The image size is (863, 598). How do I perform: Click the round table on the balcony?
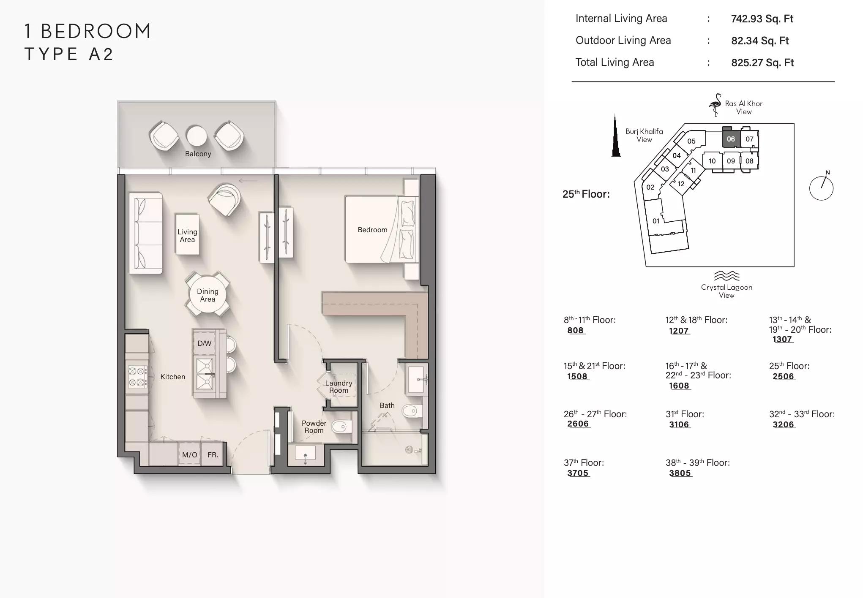point(197,136)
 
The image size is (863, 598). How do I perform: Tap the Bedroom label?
point(372,230)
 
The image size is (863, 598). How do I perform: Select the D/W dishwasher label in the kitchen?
point(205,343)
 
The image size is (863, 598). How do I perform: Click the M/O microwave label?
point(190,455)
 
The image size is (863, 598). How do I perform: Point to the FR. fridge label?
point(213,455)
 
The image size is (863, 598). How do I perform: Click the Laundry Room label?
point(339,386)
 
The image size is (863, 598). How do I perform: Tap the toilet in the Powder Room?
point(341,427)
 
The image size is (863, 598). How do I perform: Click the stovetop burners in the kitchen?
point(138,377)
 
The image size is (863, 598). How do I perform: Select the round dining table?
point(208,295)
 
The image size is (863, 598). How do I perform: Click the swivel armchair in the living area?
point(224,199)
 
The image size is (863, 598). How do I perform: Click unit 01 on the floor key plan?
point(656,221)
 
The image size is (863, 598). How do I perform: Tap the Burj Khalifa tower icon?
point(616,136)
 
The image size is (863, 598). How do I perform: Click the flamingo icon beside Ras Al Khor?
point(715,105)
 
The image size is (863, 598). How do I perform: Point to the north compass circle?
point(821,188)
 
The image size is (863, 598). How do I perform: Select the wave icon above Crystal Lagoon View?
point(726,276)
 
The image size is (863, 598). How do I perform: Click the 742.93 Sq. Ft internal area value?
point(762,19)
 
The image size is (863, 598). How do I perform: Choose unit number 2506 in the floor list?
point(783,376)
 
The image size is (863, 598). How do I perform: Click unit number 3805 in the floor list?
point(680,473)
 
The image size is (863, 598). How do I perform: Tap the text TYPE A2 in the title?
point(69,54)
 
